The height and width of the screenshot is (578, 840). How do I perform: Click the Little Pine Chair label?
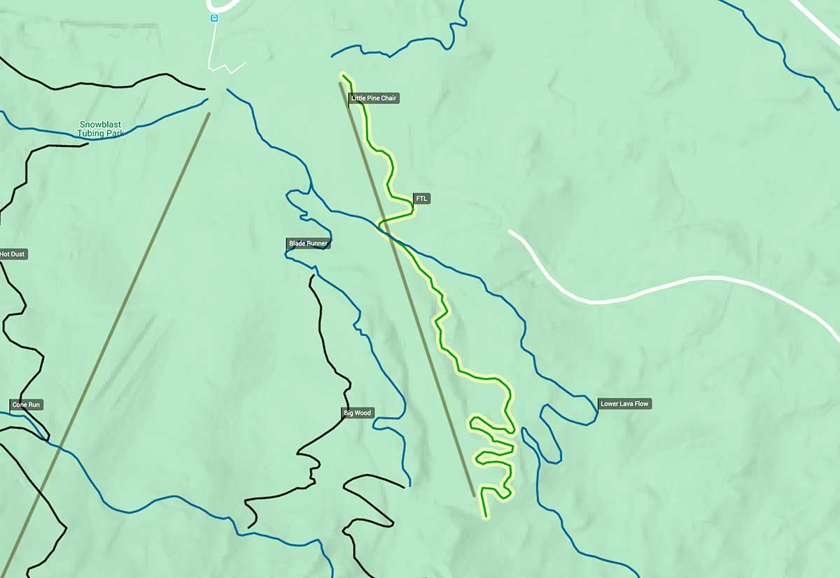[374, 99]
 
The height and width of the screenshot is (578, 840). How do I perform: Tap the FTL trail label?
[421, 199]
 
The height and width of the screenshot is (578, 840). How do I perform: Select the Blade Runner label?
[308, 244]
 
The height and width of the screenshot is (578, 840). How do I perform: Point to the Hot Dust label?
[13, 254]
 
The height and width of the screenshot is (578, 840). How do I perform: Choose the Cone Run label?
[27, 404]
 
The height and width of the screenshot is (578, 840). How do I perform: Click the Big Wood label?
[357, 413]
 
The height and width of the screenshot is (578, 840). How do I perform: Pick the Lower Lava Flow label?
[625, 404]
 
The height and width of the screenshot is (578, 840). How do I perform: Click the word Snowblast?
[100, 125]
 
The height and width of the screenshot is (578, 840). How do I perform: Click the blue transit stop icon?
[214, 18]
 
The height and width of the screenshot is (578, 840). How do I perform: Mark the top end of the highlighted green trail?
[343, 73]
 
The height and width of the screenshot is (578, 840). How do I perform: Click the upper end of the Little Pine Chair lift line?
[341, 84]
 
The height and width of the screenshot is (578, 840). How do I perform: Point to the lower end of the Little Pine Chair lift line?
[474, 495]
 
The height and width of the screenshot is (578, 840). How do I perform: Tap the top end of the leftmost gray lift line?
[209, 114]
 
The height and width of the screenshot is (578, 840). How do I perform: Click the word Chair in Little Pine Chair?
[388, 99]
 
